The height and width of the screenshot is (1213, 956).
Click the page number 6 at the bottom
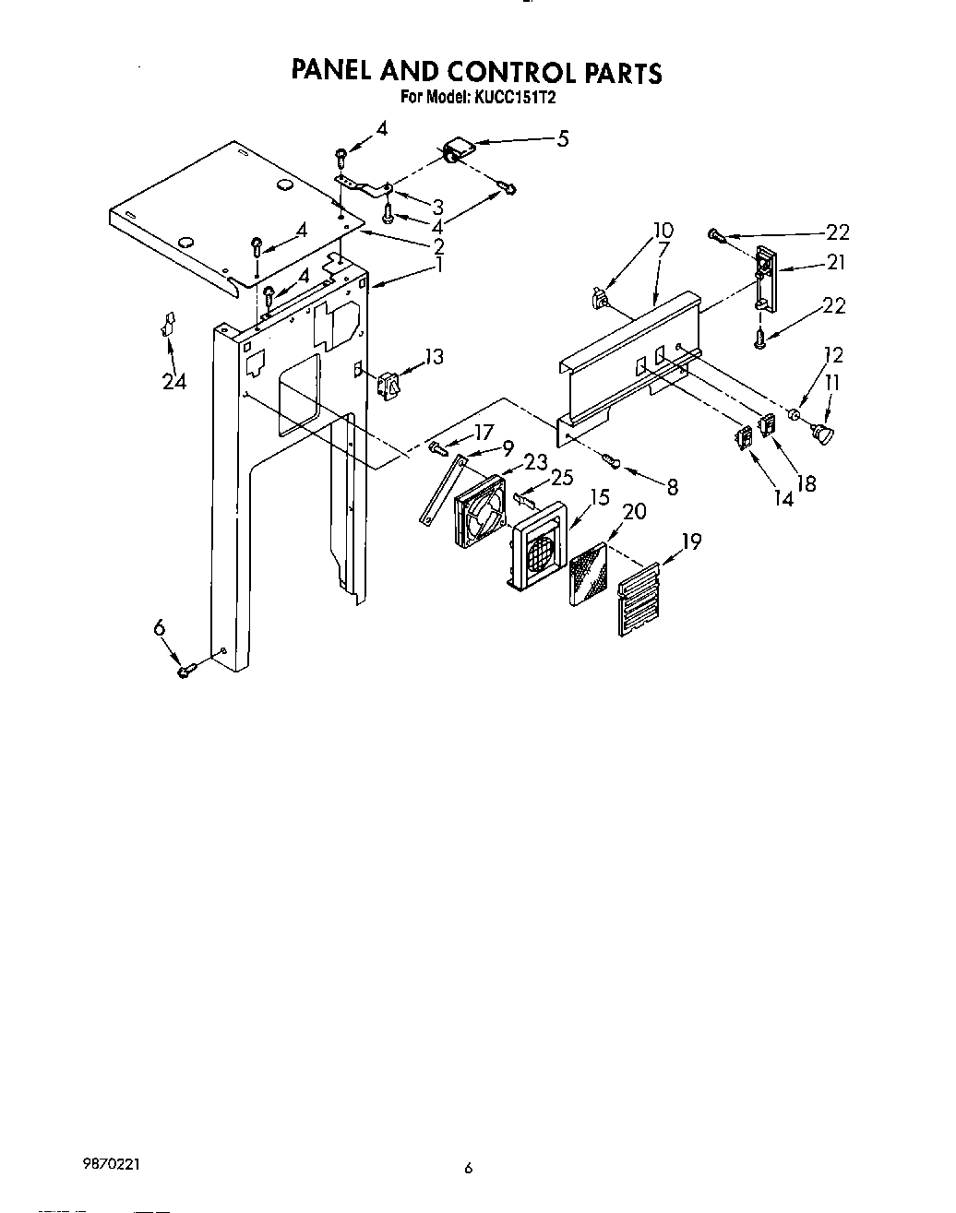point(468,1169)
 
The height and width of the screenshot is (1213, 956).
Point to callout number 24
point(173,380)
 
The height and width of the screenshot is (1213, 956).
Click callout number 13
point(434,356)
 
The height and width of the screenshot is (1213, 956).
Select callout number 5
point(562,139)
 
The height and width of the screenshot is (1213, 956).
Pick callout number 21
point(836,263)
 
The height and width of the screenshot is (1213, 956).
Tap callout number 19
point(691,541)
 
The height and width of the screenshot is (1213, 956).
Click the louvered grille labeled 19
point(639,600)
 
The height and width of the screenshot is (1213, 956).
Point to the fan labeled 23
point(479,512)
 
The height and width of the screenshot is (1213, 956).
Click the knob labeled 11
point(820,434)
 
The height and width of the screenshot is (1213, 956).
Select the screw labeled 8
point(610,458)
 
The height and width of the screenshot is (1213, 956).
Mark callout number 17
point(484,431)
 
